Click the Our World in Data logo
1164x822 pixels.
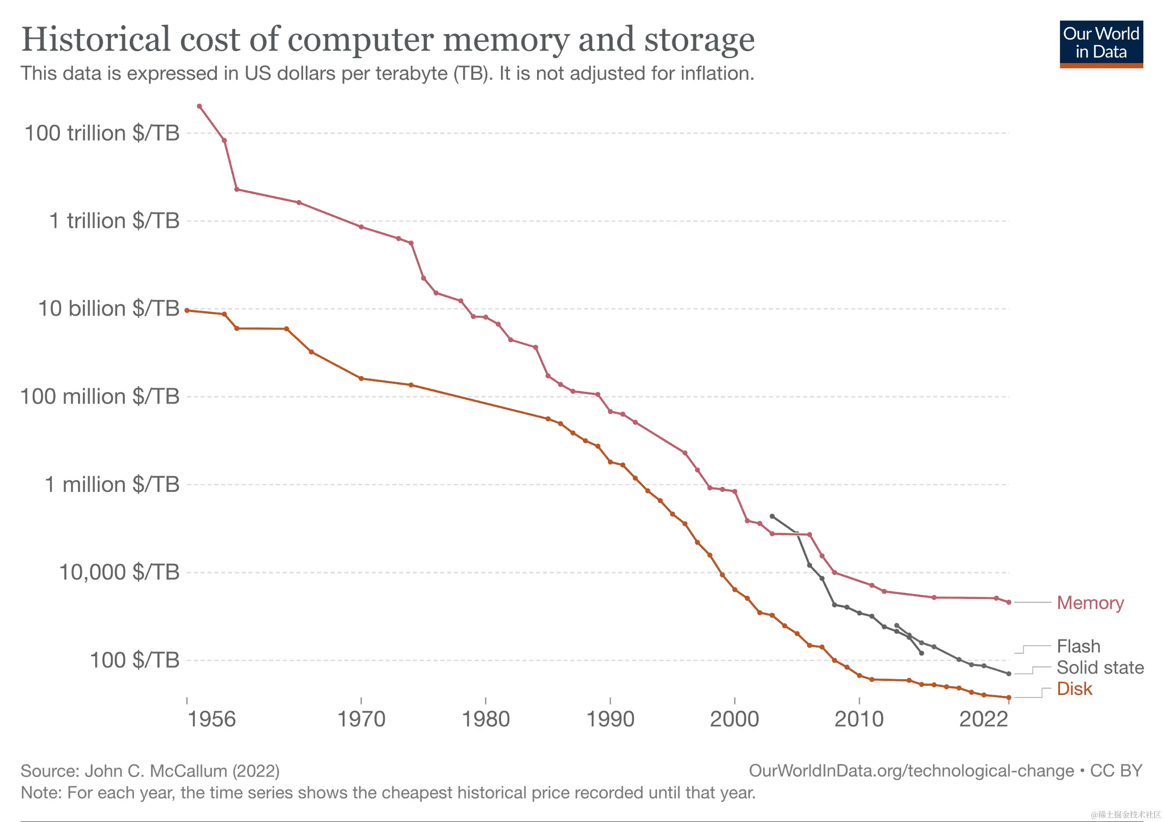[1101, 44]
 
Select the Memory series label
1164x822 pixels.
[1090, 603]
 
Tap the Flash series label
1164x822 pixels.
[1079, 646]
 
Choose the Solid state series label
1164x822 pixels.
[1100, 667]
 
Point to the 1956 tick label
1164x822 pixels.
[211, 719]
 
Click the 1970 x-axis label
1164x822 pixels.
[361, 719]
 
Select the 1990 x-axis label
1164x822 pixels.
[610, 719]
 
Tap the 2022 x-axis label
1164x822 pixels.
[983, 719]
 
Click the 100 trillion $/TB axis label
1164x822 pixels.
[102, 134]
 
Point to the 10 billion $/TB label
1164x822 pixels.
[108, 309]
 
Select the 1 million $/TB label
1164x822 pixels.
[112, 484]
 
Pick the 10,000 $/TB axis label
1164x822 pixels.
[119, 572]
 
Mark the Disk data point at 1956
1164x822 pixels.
[187, 310]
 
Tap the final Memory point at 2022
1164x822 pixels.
[1008, 603]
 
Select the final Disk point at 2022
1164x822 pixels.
[1008, 697]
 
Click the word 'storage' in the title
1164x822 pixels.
[699, 40]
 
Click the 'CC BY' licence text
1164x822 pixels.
[1116, 771]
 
